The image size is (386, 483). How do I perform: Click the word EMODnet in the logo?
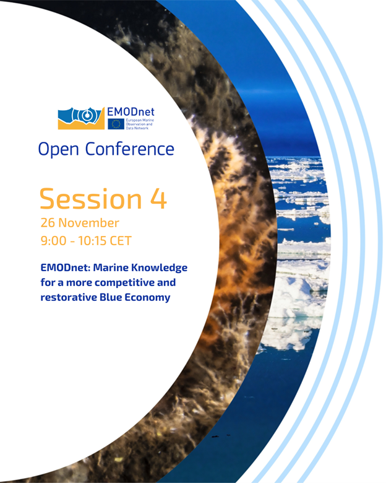(x=131, y=112)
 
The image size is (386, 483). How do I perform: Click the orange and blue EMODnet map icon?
(x=82, y=118)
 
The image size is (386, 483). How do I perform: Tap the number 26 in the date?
(x=48, y=222)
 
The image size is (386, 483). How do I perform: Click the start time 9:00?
(x=54, y=239)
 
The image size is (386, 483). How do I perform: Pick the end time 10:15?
(x=95, y=239)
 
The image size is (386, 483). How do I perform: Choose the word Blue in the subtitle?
(x=116, y=297)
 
